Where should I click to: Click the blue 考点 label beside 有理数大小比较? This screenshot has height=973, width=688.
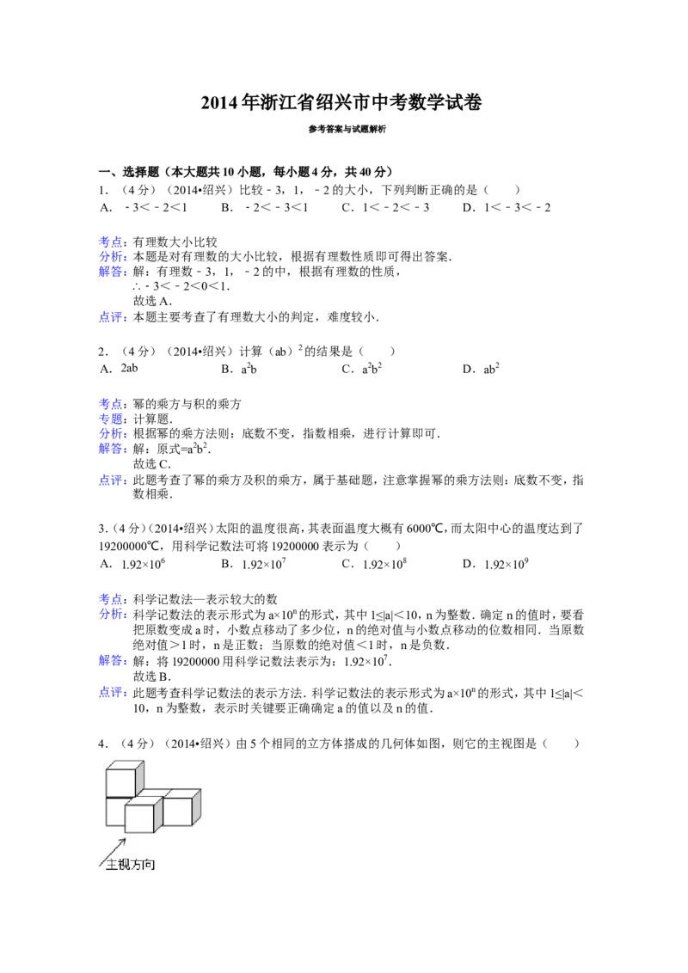(111, 241)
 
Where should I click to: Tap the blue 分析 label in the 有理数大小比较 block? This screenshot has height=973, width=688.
(111, 256)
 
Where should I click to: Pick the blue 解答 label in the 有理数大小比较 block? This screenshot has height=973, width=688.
(111, 272)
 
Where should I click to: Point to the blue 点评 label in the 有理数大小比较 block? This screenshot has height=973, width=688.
(111, 316)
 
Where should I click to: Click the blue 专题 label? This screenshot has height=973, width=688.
(111, 419)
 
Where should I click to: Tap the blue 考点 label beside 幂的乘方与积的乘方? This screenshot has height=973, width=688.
(111, 403)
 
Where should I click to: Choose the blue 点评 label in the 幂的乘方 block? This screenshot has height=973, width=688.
(111, 481)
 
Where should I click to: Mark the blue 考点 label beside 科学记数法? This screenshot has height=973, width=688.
(111, 598)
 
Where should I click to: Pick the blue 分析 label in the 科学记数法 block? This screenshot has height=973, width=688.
(111, 614)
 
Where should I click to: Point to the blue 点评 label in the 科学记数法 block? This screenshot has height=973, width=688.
(111, 692)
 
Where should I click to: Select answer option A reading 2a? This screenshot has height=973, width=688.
(129, 369)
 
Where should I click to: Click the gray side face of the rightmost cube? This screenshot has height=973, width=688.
(198, 805)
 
